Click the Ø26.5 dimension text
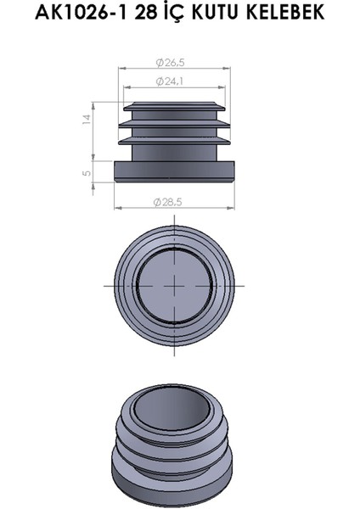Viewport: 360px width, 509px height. click(172, 62)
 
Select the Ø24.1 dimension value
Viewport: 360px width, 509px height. click(172, 81)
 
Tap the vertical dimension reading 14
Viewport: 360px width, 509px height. click(86, 120)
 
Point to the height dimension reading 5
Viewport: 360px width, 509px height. click(86, 173)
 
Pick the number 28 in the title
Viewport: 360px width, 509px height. click(135, 14)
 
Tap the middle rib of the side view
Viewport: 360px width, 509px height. click(175, 126)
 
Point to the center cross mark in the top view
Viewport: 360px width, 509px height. click(175, 286)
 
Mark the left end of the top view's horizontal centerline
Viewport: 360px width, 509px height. click(105, 286)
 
